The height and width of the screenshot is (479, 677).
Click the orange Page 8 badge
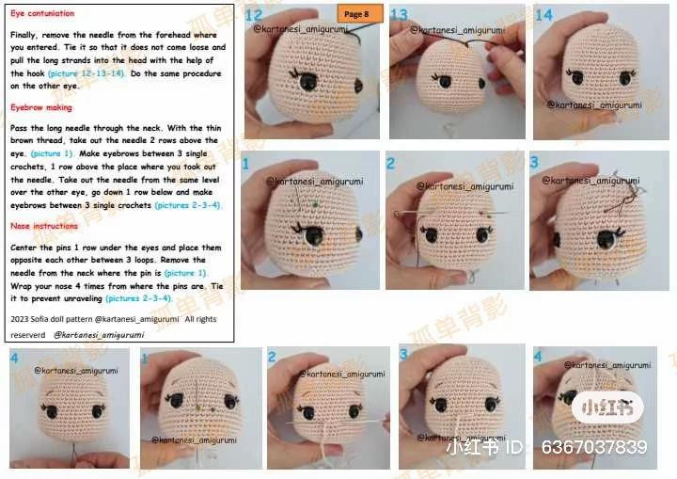coord(358,13)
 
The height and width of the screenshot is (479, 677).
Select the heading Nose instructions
coord(44,226)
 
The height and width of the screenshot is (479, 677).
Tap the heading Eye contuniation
coord(42,14)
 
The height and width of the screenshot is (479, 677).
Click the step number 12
coord(253,14)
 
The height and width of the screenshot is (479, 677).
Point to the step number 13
coord(399,14)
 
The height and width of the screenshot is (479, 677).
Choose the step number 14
coord(543,14)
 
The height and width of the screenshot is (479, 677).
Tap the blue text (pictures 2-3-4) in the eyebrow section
coord(188,205)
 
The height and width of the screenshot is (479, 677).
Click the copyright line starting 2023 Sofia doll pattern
coord(113,319)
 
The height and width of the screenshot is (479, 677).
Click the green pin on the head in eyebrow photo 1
coord(316,202)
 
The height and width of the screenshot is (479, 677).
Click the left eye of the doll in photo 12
coord(307,84)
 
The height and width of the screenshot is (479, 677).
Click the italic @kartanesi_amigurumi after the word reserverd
coord(99,334)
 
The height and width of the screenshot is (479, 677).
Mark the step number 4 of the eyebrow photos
coord(15,358)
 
